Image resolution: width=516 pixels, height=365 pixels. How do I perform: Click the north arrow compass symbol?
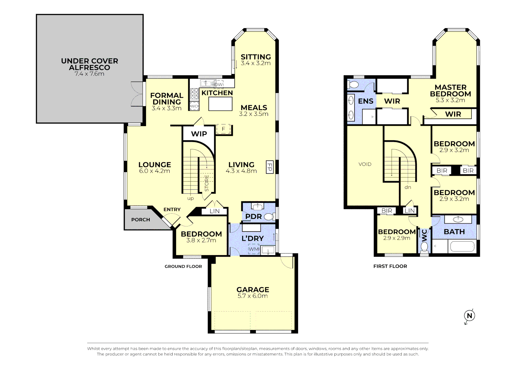(469, 316)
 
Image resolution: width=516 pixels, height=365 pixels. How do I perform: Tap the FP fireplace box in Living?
(269, 167)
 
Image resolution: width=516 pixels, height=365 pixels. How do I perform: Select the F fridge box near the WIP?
(223, 129)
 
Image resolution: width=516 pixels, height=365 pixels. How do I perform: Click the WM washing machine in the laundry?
(253, 249)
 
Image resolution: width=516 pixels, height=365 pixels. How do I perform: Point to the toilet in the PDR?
(269, 217)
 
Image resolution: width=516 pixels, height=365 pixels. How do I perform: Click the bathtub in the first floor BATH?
(462, 247)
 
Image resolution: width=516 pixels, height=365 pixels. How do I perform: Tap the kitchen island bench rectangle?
(220, 104)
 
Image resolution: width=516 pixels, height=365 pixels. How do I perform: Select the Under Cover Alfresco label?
(90, 64)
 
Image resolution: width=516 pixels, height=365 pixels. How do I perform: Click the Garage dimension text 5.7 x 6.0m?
(252, 296)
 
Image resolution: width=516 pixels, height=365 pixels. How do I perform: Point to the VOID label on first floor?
(365, 164)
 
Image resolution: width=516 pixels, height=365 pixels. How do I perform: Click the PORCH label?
(141, 220)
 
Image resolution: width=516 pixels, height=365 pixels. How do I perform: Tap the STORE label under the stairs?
(207, 183)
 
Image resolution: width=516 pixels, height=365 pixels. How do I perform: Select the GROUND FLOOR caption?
(183, 266)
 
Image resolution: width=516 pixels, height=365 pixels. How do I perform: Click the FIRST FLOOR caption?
(390, 266)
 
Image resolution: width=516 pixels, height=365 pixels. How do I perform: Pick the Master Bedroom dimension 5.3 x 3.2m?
(450, 100)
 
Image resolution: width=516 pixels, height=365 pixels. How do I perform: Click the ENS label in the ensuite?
(366, 101)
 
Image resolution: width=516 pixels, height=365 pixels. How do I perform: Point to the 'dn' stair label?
(408, 187)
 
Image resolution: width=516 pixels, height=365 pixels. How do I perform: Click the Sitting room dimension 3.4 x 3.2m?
(255, 63)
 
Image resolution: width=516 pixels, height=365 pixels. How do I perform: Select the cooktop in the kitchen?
(195, 93)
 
